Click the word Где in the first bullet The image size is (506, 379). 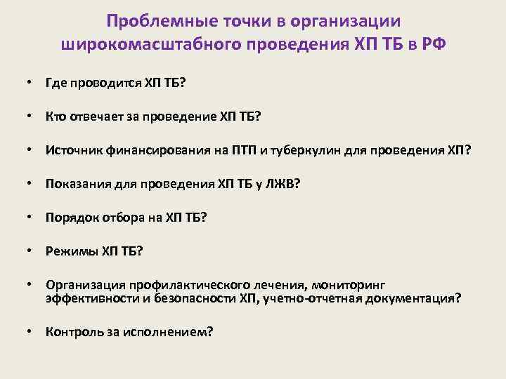click(x=56, y=84)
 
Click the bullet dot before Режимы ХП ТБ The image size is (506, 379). click(x=30, y=251)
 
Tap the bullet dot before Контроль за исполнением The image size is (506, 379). click(x=30, y=332)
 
